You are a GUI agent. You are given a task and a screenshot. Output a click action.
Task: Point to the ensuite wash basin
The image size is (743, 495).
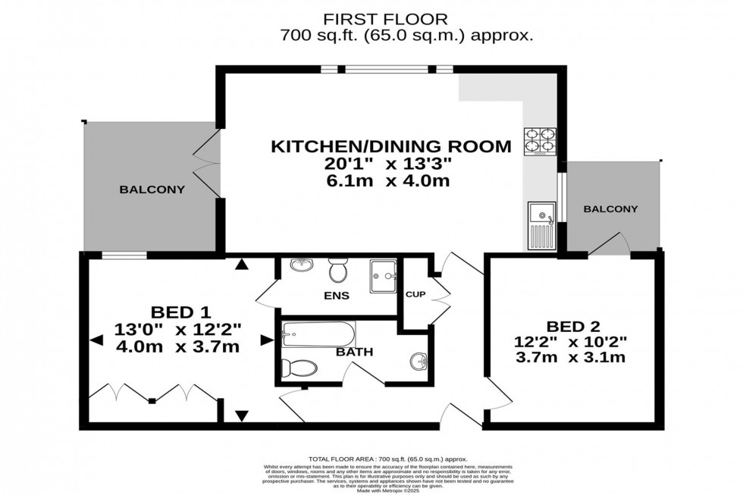[x=301, y=265]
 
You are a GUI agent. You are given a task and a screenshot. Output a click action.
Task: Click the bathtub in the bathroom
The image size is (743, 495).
[x=318, y=333]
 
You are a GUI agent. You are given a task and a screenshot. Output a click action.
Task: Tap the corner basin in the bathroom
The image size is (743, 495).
[x=417, y=360]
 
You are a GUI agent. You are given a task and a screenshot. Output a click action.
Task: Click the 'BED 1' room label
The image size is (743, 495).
[x=180, y=311]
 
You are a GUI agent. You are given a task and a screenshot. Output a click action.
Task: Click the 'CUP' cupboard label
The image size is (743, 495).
[x=414, y=294]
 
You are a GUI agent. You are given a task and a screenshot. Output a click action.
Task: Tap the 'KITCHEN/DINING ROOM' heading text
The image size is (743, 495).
[x=391, y=146]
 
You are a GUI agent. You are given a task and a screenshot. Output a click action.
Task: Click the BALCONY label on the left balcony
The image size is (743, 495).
[x=152, y=190]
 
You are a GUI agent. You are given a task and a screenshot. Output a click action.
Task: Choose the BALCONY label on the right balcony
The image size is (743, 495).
[x=611, y=208]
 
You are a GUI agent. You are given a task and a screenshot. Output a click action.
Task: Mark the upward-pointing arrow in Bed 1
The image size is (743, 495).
[x=241, y=265]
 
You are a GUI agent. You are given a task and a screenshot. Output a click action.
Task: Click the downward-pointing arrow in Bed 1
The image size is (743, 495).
[x=241, y=415]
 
